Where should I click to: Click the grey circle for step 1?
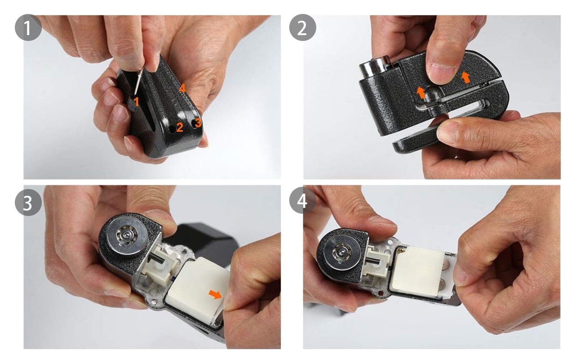click(28, 27)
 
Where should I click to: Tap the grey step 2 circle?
click(303, 27)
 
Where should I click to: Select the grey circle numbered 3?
click(28, 202)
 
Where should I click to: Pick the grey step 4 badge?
click(303, 200)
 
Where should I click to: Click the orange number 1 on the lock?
click(136, 102)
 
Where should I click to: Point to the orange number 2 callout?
click(179, 127)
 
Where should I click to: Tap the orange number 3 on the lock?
click(198, 122)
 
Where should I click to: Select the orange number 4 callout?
click(182, 89)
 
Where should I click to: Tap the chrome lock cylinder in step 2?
click(374, 67)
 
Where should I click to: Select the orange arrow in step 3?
click(215, 294)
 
